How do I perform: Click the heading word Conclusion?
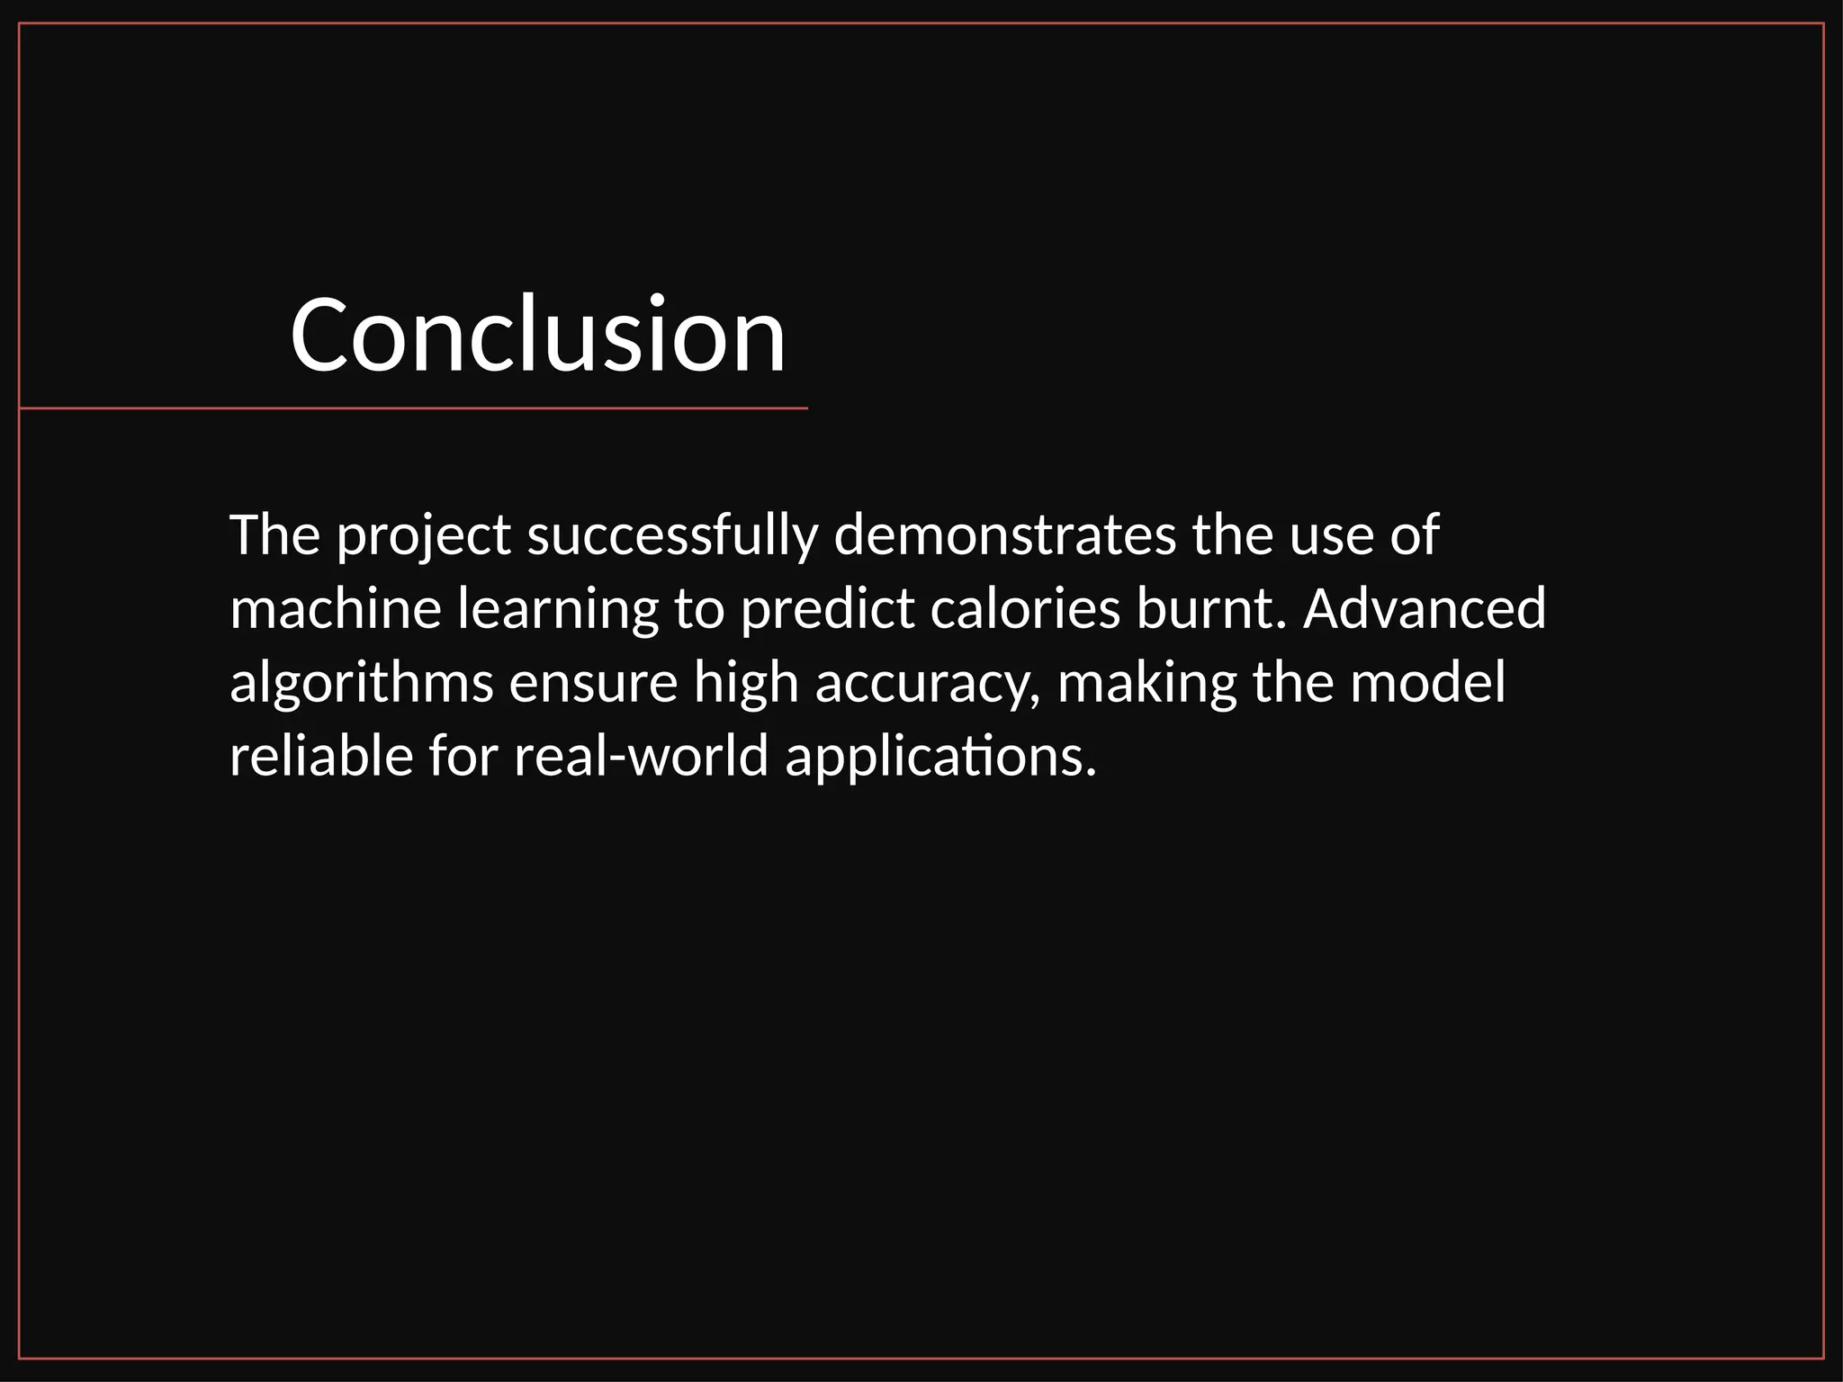537,335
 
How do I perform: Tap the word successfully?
672,535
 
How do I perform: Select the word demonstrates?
1005,535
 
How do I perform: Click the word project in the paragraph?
424,537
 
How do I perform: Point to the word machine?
336,609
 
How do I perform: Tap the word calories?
1025,609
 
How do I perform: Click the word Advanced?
1425,609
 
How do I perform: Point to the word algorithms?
362,684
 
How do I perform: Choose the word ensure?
593,684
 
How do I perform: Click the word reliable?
321,756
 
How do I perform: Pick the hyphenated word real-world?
642,756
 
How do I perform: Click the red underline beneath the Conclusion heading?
414,408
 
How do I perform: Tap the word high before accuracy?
746,684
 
